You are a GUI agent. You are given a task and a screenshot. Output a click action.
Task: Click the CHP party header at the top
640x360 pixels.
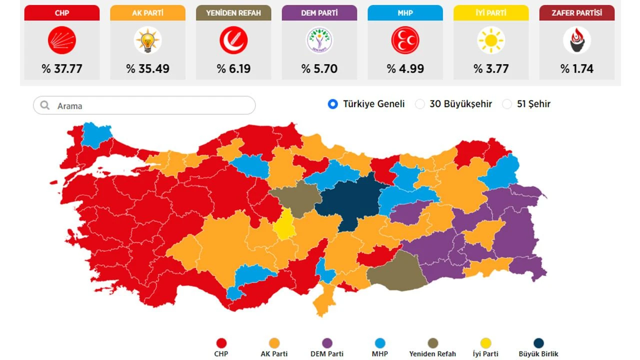[x=62, y=13]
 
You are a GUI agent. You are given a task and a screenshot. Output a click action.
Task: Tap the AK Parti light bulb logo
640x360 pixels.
[x=148, y=40]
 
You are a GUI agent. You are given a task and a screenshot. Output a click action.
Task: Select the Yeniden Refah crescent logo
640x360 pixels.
[x=233, y=40]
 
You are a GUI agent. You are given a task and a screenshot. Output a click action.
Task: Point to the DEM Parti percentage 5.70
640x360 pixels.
[x=319, y=68]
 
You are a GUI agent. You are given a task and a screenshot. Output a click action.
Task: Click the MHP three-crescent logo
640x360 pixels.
[x=405, y=40]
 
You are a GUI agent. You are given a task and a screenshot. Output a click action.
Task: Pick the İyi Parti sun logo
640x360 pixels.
[x=491, y=40]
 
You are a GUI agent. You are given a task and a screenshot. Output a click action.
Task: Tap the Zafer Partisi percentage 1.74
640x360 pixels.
[x=577, y=68]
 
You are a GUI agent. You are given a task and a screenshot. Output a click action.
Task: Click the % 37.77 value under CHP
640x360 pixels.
[x=62, y=68]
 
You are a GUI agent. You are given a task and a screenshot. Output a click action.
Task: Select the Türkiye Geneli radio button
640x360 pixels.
[x=333, y=104]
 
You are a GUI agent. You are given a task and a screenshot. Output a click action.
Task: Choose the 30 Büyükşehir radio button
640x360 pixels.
[x=420, y=104]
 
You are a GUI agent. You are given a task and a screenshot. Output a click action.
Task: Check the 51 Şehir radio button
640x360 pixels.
[x=507, y=104]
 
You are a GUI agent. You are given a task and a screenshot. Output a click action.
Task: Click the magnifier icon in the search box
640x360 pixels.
[x=45, y=105]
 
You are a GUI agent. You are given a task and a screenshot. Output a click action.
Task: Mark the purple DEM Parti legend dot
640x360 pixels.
[x=327, y=343]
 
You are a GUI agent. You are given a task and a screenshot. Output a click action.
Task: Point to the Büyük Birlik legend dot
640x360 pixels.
[x=538, y=343]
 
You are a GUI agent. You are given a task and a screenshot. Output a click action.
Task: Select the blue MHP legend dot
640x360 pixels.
[x=380, y=343]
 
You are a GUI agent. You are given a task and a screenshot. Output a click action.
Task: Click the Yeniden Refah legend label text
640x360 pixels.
[x=432, y=354]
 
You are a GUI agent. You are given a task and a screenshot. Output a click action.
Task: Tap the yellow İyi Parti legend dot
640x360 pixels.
[x=485, y=343]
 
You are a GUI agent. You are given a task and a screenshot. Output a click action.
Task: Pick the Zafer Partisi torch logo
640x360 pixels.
[x=577, y=40]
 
